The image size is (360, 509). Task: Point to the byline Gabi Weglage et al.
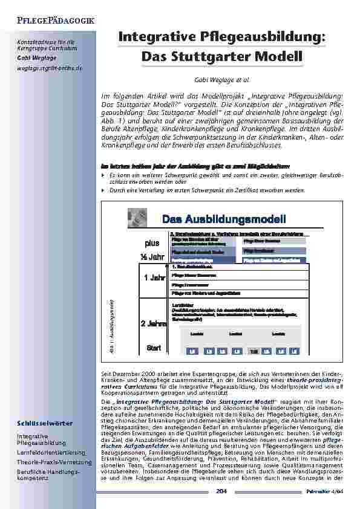pyautogui.click(x=221, y=79)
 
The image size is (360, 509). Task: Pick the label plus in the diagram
pyautogui.click(x=152, y=243)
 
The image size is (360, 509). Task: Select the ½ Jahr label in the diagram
pyautogui.click(x=152, y=257)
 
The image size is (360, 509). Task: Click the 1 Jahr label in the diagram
pyautogui.click(x=154, y=278)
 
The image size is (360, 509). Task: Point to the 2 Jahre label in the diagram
pyautogui.click(x=154, y=323)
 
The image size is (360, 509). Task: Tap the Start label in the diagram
pyautogui.click(x=154, y=348)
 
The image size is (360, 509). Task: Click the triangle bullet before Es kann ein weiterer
pyautogui.click(x=103, y=173)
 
